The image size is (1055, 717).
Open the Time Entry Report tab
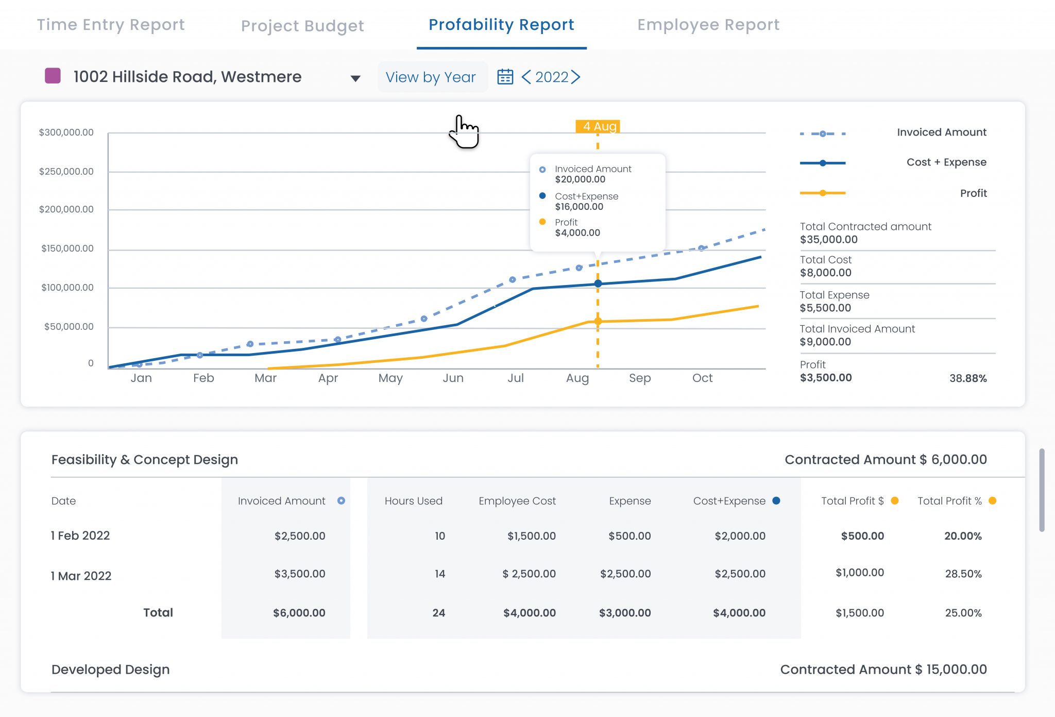click(x=111, y=25)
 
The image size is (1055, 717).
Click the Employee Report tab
click(x=708, y=25)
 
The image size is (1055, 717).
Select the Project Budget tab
click(x=302, y=26)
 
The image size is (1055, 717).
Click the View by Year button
click(x=431, y=77)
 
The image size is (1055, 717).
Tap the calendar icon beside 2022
click(x=505, y=77)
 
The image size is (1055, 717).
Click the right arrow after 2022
click(x=576, y=77)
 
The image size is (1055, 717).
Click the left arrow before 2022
click(x=526, y=77)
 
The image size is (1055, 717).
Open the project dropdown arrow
click(x=355, y=78)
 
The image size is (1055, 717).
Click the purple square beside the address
click(x=53, y=76)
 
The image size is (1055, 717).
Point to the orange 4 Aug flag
click(x=598, y=126)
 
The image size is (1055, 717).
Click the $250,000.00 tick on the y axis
click(x=66, y=172)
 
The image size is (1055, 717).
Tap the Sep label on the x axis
click(x=640, y=378)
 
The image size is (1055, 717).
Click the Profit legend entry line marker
click(x=823, y=193)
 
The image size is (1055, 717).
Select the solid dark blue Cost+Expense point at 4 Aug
click(x=598, y=284)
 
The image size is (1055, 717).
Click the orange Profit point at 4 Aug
click(x=598, y=321)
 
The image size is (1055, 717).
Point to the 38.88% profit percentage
click(x=968, y=378)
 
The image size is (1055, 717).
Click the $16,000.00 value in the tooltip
click(x=579, y=207)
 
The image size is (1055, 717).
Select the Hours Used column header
click(x=413, y=501)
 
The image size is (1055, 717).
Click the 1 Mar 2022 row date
click(x=81, y=576)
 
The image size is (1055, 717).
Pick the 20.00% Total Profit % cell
click(x=963, y=536)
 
